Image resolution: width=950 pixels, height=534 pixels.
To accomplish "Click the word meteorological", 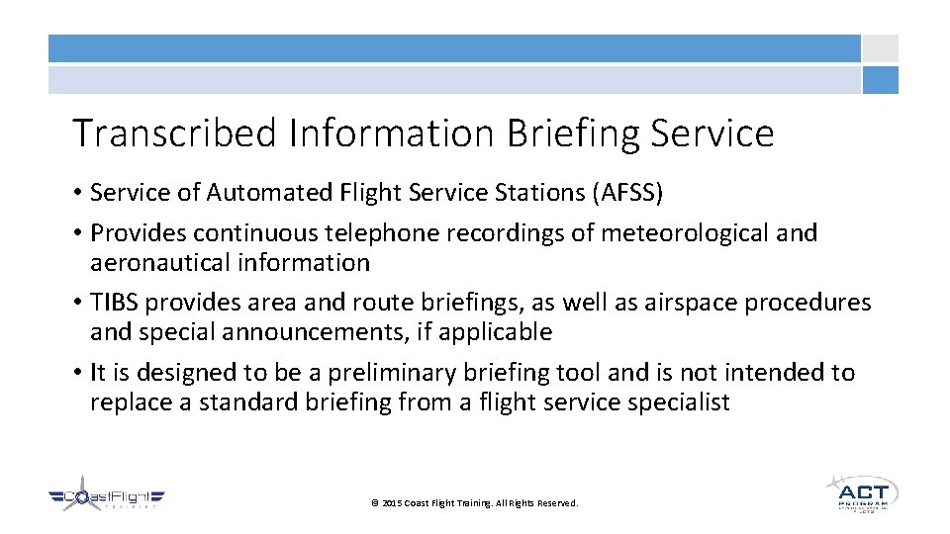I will pos(670,233).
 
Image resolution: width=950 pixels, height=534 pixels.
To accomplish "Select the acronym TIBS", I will pos(114,303).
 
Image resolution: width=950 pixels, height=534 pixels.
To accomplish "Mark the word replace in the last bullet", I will pos(128,402).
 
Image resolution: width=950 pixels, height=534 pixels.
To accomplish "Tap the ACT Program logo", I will pos(861,491).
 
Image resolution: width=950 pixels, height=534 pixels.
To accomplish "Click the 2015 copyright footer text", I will pos(474,503).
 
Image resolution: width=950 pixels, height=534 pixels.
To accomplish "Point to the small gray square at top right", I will pos(880,48).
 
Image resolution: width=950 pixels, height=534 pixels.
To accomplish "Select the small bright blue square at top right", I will pos(880,80).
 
